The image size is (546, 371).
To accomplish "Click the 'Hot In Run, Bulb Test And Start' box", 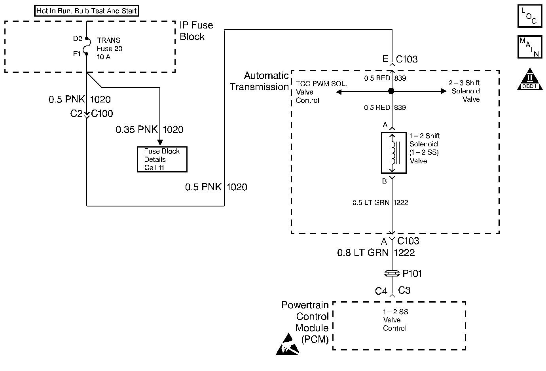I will (87, 11).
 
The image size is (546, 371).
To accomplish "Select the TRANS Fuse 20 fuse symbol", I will (87, 46).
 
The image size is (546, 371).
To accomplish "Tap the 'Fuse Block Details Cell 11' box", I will (162, 159).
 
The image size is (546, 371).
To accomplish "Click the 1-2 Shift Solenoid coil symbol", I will (393, 153).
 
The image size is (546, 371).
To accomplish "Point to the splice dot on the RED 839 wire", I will (391, 91).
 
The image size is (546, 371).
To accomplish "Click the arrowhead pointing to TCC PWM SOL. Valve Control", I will (338, 92).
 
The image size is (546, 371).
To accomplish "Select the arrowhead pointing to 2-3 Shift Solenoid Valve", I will (444, 91).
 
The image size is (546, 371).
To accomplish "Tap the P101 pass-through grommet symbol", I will (392, 273).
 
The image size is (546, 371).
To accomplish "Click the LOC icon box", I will (529, 16).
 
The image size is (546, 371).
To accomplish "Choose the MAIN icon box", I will (529, 47).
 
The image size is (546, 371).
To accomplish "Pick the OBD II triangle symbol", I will (530, 79).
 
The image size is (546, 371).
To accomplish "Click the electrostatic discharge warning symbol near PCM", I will (287, 344).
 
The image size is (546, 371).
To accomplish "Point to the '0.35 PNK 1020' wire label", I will (150, 130).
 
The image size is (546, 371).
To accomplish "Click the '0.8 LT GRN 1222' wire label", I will (376, 253).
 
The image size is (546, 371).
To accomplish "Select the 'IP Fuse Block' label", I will (196, 31).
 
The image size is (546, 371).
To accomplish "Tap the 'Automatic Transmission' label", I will (260, 81).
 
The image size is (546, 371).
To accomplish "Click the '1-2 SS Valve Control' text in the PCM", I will (395, 320).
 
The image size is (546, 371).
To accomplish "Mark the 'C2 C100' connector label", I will (92, 114).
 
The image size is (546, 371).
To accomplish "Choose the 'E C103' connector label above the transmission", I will (400, 59).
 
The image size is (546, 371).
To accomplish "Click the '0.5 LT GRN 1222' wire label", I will (380, 203).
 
